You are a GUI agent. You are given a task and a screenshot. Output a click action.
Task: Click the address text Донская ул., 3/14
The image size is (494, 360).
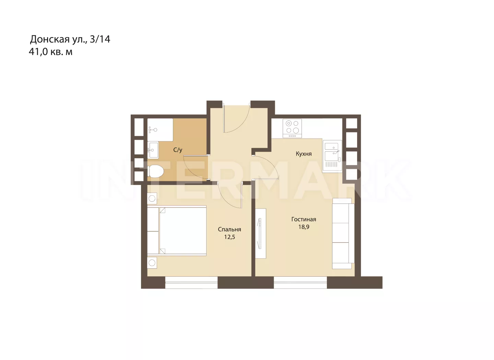70,39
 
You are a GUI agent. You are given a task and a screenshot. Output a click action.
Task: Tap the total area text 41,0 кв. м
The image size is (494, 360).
50,52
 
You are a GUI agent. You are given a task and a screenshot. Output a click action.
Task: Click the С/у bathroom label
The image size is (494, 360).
178,150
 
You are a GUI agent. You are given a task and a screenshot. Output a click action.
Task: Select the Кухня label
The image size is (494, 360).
304,154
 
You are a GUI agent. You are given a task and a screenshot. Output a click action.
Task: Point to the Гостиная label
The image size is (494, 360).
304,219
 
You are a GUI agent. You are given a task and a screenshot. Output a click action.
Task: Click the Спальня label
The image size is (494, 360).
230,229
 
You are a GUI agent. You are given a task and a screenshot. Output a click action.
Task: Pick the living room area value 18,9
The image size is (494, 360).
304,227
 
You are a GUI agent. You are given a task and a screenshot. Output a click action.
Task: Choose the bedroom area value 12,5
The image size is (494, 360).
230,237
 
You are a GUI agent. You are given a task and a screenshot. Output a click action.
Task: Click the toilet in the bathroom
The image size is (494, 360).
155,171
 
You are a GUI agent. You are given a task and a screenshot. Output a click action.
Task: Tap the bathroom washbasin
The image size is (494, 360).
153,150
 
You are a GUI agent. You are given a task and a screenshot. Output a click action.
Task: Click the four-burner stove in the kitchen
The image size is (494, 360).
292,129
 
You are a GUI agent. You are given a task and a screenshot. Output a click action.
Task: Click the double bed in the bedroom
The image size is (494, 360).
177,231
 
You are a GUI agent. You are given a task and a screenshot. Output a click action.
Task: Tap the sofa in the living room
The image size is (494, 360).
343,233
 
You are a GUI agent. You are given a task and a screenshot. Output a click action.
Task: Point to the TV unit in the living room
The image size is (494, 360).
260,233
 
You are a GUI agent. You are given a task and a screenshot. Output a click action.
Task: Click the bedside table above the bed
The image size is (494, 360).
152,198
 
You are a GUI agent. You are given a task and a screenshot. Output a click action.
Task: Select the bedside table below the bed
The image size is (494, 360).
152,263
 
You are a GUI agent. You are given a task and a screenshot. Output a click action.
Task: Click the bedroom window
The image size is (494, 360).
191,282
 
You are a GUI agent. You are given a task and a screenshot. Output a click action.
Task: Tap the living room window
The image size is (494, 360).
300,282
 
